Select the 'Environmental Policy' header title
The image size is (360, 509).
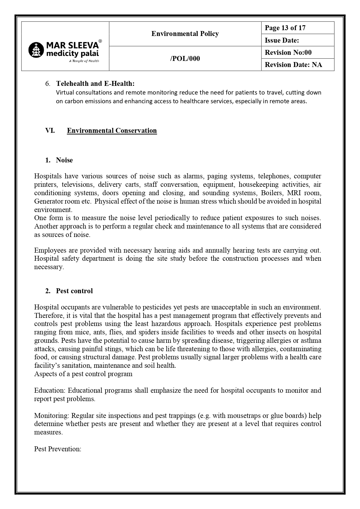point(185,34)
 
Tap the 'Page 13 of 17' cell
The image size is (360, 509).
point(285,28)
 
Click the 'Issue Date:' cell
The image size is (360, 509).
point(281,40)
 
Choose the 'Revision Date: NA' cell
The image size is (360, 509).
point(293,65)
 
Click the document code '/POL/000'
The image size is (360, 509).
point(185,59)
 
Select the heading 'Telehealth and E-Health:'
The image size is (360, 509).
point(95,84)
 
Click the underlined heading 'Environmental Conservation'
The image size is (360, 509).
point(112,131)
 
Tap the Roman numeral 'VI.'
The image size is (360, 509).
point(50,131)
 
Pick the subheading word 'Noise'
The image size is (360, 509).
point(64,160)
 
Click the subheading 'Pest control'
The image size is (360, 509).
point(74,291)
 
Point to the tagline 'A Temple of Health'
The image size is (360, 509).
point(84,61)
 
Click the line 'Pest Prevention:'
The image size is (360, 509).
point(57,449)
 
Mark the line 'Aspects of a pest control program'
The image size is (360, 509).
point(83,374)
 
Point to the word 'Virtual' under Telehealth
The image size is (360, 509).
point(65,93)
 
